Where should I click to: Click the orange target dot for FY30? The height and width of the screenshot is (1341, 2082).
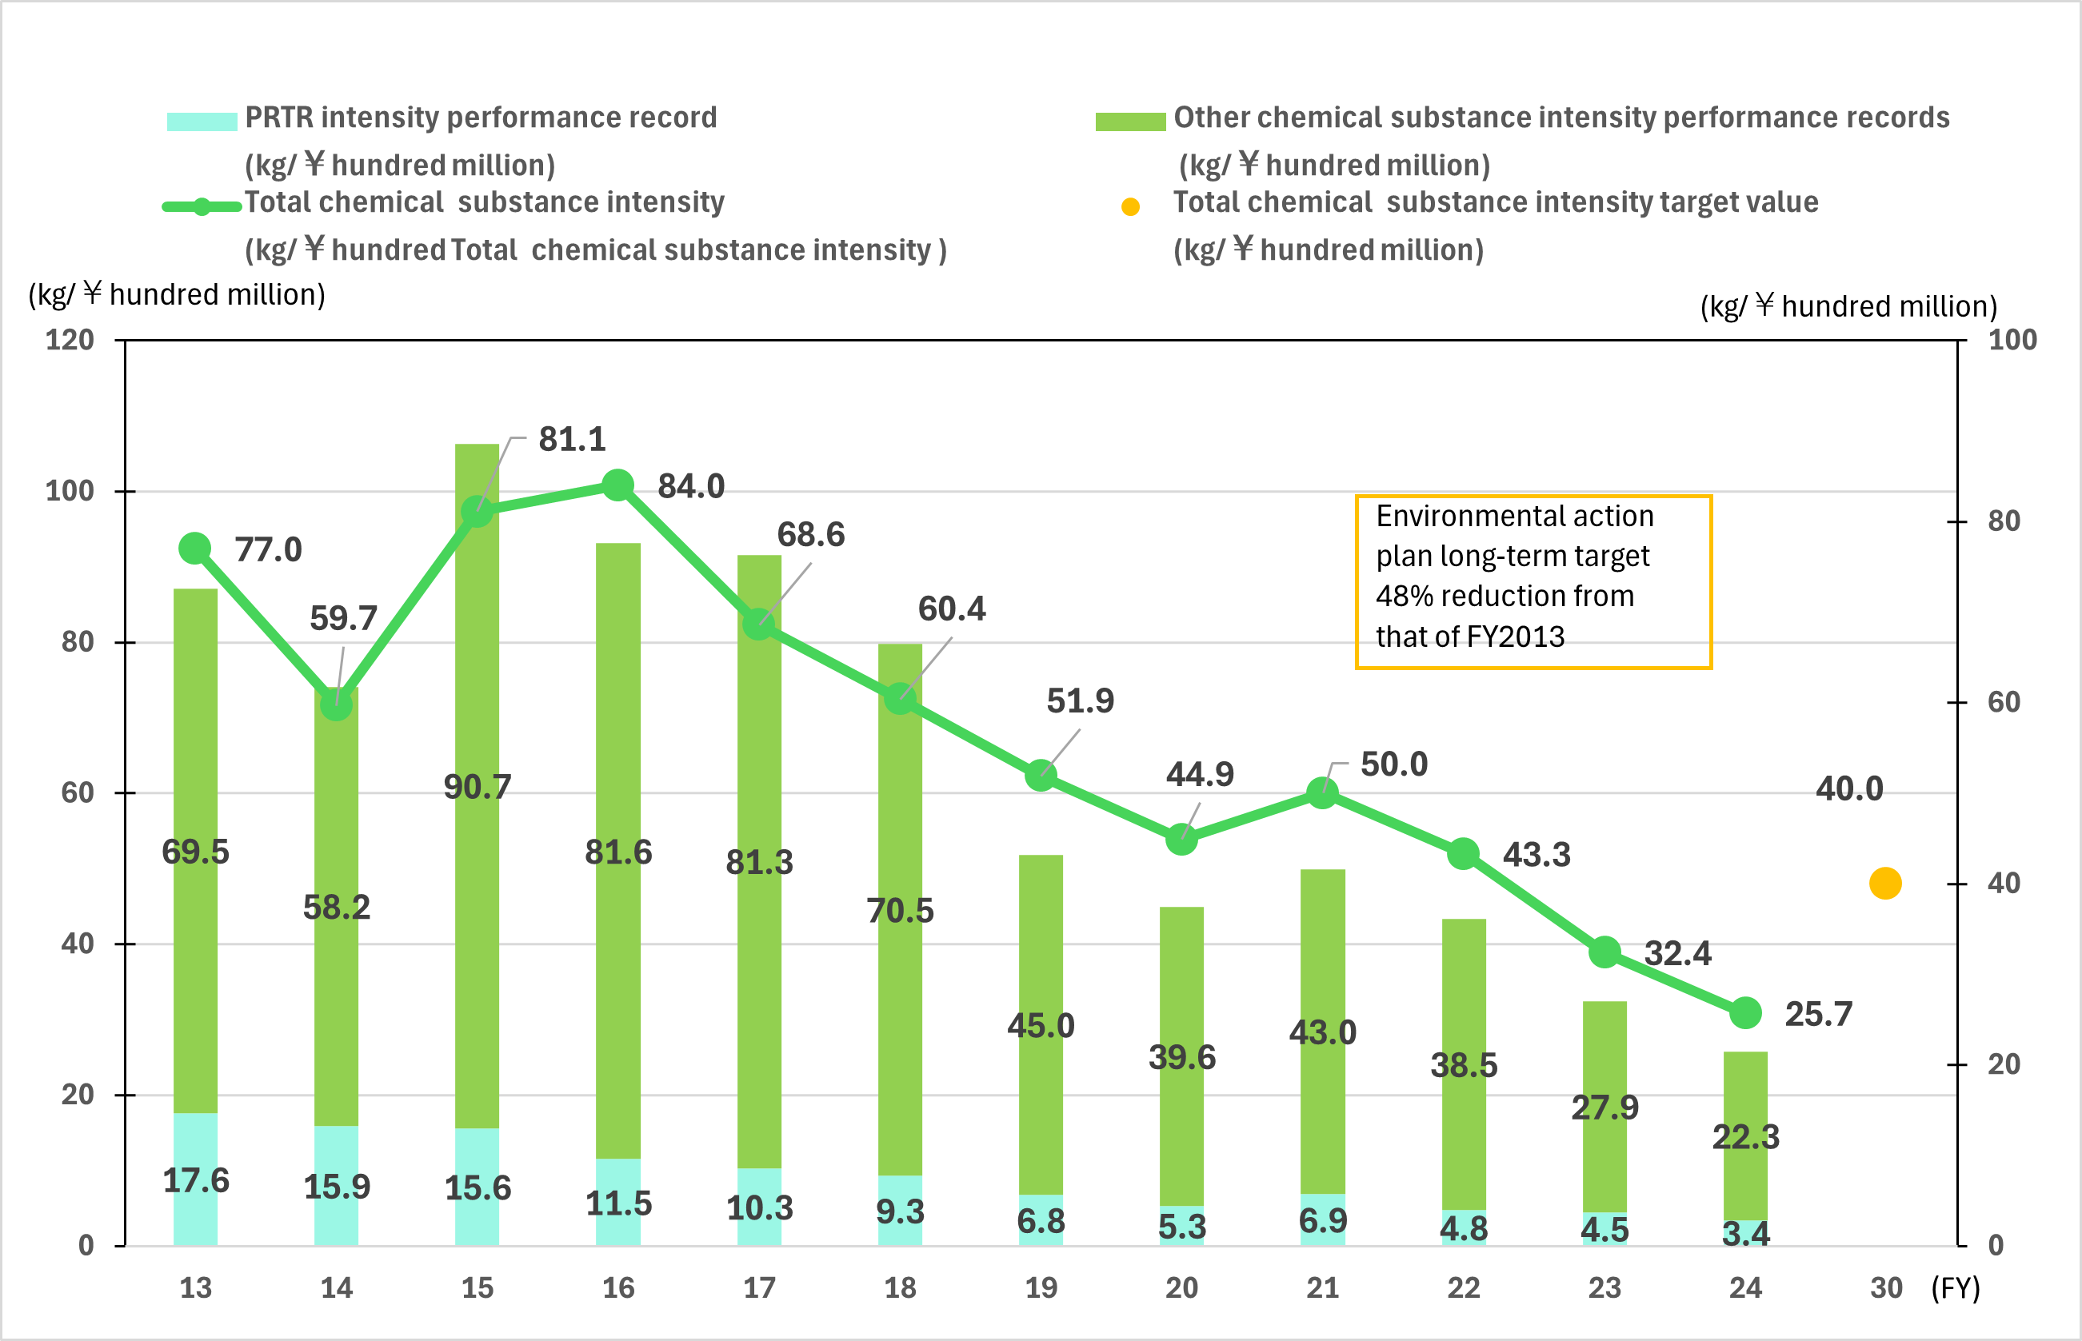pos(1885,883)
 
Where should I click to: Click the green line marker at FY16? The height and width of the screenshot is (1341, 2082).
pos(617,485)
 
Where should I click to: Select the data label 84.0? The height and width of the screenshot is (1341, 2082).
pos(690,486)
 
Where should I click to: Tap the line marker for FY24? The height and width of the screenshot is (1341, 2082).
pos(1745,1012)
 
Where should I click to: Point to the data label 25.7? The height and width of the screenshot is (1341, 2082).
pos(1818,1014)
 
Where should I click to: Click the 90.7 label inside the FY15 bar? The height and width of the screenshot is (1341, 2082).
pos(478,787)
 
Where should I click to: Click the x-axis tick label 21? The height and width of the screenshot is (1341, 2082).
pos(1322,1287)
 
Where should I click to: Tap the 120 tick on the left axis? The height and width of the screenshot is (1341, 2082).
pos(70,340)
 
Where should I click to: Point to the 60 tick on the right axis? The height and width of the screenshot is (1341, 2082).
pos(2004,702)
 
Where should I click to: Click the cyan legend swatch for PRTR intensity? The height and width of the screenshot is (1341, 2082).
pos(202,121)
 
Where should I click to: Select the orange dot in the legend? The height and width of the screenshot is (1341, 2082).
pos(1130,206)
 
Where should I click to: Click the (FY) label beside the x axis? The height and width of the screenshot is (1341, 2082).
pos(1956,1287)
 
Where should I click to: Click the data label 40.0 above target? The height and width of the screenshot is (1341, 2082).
pos(1848,789)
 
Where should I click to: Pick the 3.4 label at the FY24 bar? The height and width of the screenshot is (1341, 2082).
pos(1745,1233)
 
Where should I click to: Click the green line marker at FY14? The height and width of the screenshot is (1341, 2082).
pos(336,703)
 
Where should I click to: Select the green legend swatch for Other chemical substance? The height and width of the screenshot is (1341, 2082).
pos(1130,121)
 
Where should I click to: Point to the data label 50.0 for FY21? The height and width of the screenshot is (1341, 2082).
pos(1393,764)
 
